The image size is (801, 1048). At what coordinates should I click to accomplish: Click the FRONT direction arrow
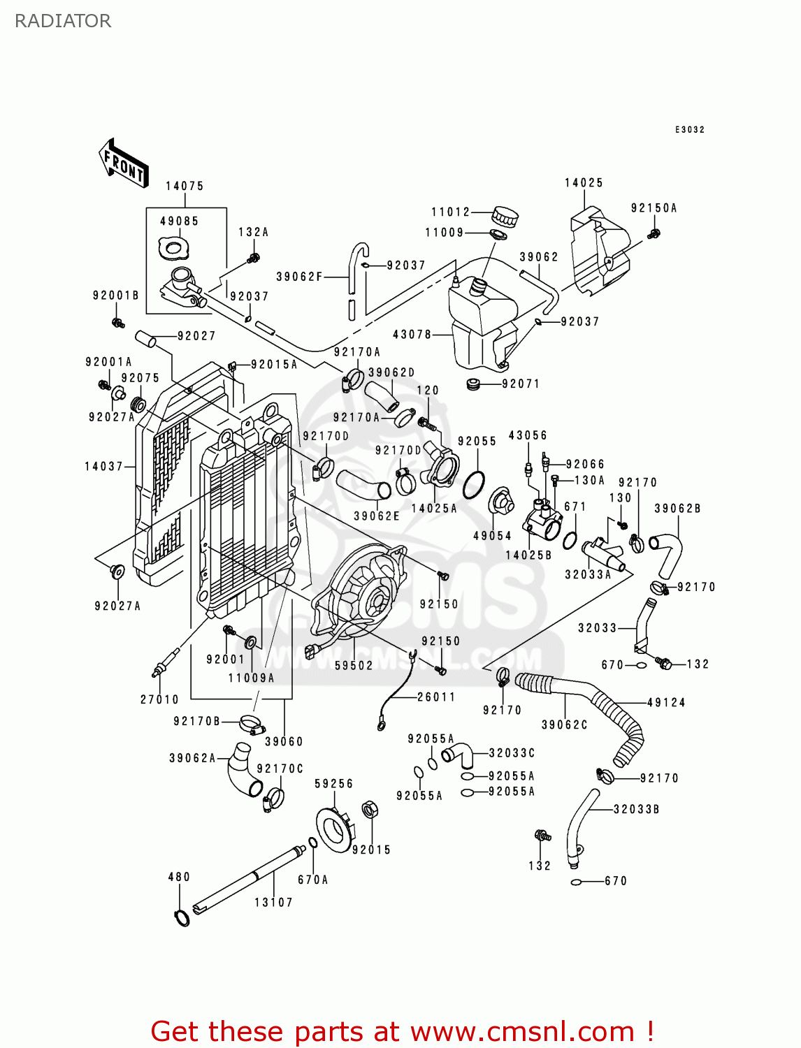124,163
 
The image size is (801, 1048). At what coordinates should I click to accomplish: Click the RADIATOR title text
63,21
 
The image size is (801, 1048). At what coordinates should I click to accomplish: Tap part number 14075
185,186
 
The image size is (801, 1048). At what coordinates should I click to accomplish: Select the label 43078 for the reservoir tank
412,335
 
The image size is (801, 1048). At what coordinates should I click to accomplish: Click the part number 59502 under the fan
354,666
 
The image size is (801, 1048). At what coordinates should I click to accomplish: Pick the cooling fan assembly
360,594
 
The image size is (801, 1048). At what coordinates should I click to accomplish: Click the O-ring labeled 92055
474,483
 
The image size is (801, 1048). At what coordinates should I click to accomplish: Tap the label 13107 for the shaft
273,903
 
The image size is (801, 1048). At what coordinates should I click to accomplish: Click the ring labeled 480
182,918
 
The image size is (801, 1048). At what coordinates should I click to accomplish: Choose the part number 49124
666,703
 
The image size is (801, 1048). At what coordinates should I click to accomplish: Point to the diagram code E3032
690,130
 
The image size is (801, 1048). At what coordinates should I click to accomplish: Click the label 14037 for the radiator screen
104,467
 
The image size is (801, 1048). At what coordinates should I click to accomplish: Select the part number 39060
284,741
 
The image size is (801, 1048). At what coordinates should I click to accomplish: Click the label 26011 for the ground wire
436,697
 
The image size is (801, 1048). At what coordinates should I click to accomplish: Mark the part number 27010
159,699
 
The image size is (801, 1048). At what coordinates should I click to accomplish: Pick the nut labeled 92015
370,810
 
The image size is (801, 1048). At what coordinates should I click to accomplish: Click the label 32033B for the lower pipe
636,810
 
